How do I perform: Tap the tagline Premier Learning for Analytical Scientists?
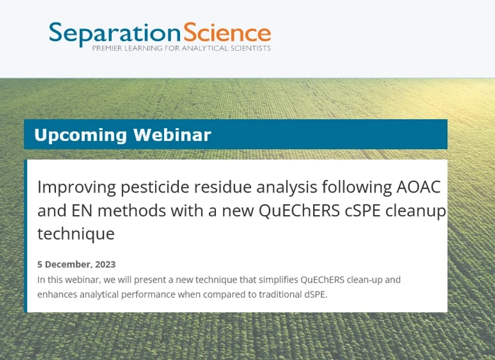(181, 48)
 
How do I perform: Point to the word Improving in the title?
(77, 187)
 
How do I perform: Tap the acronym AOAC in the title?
(419, 187)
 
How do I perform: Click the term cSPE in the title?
(355, 210)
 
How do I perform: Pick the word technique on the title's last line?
(76, 234)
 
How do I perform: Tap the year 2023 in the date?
(105, 265)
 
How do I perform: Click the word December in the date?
(68, 265)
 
